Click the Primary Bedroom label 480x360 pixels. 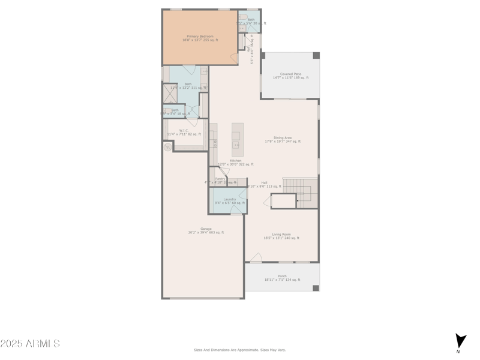click(200, 36)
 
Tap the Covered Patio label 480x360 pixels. click(290, 74)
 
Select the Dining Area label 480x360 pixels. click(283, 137)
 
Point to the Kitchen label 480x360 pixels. click(235, 160)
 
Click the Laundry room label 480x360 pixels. click(230, 199)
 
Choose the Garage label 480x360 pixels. click(206, 229)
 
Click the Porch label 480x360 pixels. click(282, 276)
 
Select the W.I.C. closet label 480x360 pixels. click(184, 130)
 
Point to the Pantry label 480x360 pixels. click(220, 178)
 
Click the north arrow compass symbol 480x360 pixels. click(460, 341)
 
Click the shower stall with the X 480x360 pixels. click(170, 94)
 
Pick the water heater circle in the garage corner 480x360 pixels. click(168, 147)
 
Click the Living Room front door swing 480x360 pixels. click(256, 258)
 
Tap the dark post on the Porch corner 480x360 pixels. click(316, 288)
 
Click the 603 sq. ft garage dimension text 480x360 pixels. click(206, 232)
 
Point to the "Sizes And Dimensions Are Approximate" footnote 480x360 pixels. click(239, 350)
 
